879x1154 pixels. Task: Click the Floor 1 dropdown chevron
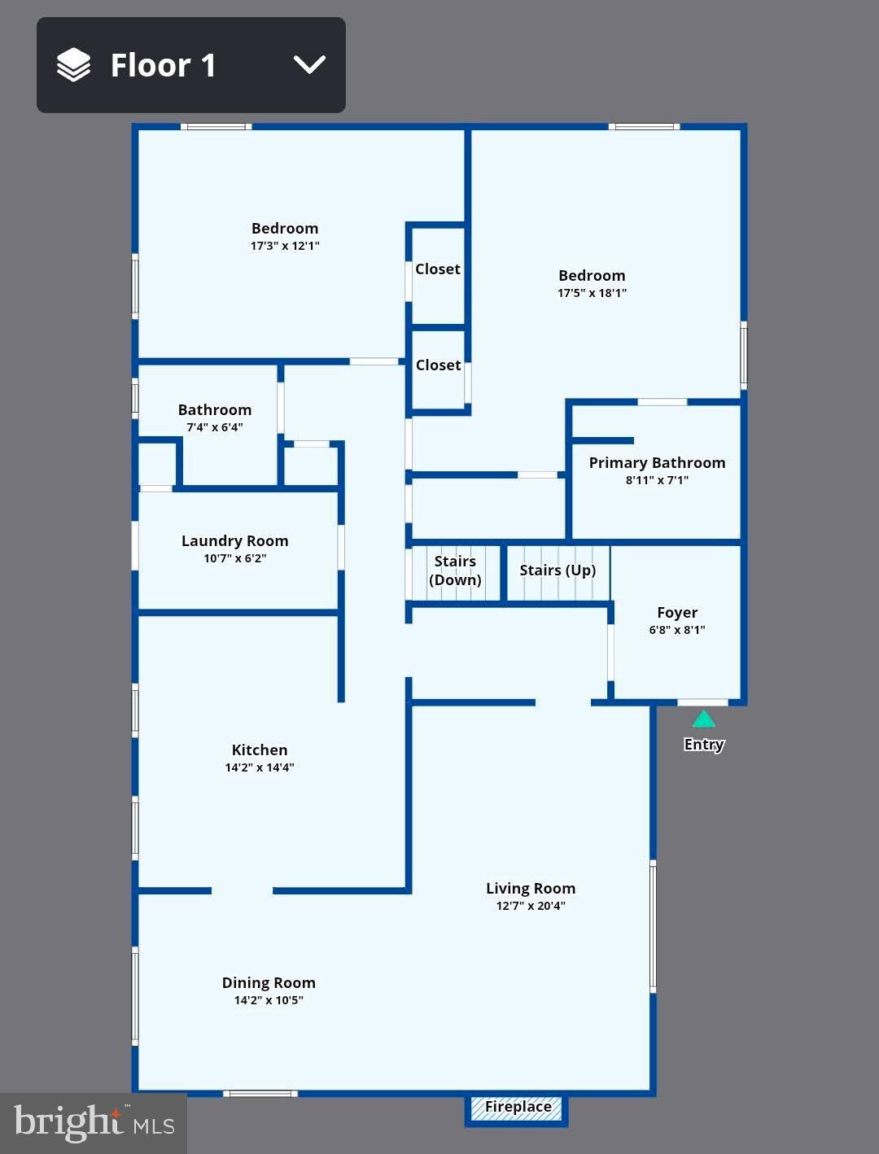309,65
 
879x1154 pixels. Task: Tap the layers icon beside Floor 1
73,65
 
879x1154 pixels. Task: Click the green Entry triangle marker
704,719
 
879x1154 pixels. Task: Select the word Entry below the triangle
704,744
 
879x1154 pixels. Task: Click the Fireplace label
518,1107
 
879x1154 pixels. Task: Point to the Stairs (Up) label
558,570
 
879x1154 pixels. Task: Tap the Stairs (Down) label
455,570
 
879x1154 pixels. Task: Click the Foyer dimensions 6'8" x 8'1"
677,630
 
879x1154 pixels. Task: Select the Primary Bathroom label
657,462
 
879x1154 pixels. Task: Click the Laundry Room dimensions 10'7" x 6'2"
234,558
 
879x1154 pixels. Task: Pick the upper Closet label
438,269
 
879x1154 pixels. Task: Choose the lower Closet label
438,365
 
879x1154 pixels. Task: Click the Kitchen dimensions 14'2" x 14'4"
260,767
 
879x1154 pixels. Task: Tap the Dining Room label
269,982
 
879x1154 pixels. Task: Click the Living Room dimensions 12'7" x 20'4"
531,906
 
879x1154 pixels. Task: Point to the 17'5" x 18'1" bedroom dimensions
592,293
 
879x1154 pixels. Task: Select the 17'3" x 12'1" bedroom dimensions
285,246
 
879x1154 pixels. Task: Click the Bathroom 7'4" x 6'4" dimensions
215,427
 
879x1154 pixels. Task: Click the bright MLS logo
94,1123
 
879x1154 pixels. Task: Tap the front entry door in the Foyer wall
702,702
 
